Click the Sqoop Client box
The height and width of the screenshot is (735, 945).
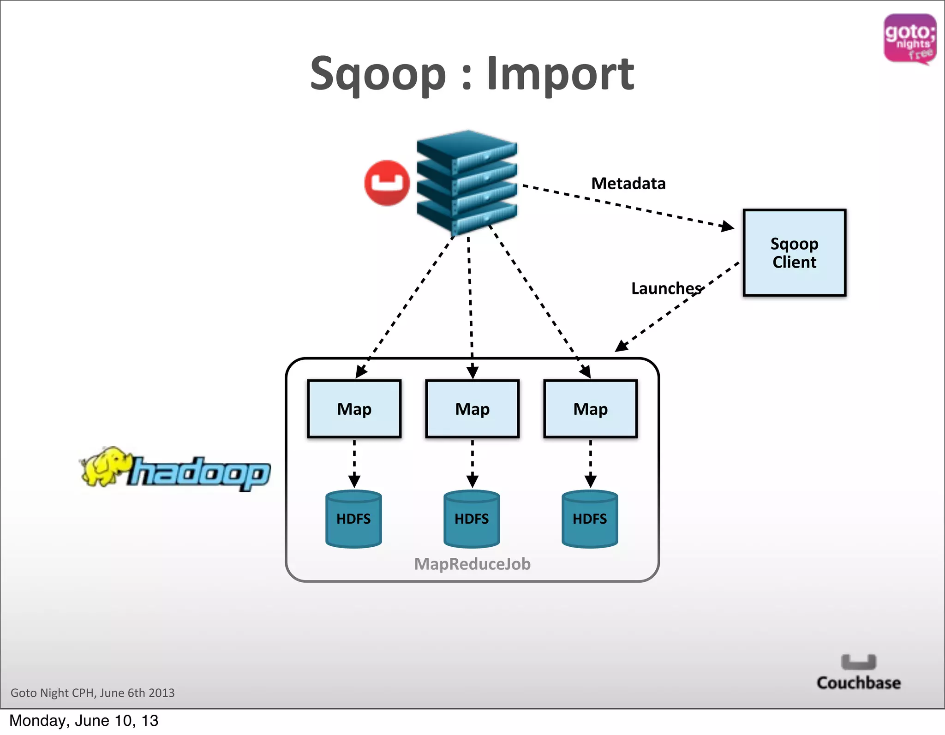pos(794,253)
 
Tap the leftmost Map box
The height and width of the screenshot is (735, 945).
pos(354,409)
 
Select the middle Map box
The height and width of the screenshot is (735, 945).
pos(472,409)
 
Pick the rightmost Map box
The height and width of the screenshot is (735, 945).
pos(590,409)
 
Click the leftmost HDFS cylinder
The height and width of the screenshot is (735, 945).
pos(353,519)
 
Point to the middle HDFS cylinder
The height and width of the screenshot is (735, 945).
pos(472,519)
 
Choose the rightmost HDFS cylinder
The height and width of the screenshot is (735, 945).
pos(590,519)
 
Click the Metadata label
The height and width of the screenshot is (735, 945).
pos(628,184)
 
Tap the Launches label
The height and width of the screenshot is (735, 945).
pos(666,288)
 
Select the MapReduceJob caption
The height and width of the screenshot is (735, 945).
pos(472,564)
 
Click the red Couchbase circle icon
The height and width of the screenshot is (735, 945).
pos(387,183)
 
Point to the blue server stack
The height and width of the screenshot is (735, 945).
pos(467,182)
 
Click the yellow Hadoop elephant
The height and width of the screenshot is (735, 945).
pos(104,466)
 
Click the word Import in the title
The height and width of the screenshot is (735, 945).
pos(560,74)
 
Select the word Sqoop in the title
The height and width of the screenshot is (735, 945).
pos(378,74)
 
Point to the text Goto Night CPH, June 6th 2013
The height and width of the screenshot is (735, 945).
pos(93,693)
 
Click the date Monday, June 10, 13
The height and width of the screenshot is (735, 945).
pos(84,721)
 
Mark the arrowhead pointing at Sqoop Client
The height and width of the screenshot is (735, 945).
pos(728,226)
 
